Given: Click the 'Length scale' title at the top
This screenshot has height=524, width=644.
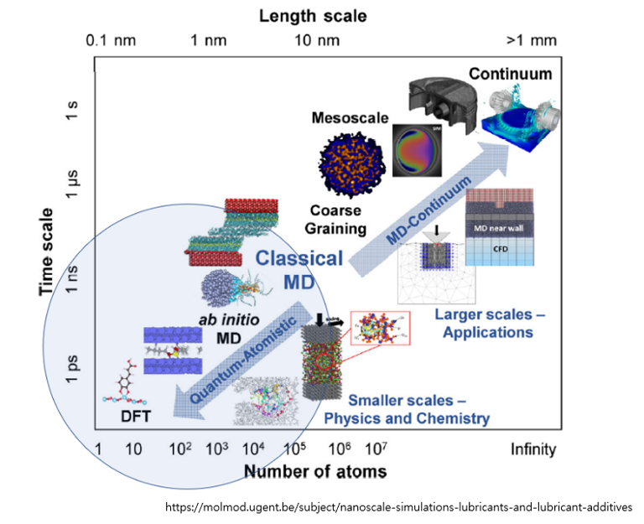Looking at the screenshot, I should click(313, 15).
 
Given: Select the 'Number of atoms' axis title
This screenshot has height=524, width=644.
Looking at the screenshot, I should click(315, 472).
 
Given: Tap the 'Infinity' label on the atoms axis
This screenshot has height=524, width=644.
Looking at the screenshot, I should click(532, 450).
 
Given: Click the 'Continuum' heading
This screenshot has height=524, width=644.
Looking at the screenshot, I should click(510, 74).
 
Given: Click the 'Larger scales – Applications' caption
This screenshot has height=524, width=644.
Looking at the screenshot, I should click(484, 324).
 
